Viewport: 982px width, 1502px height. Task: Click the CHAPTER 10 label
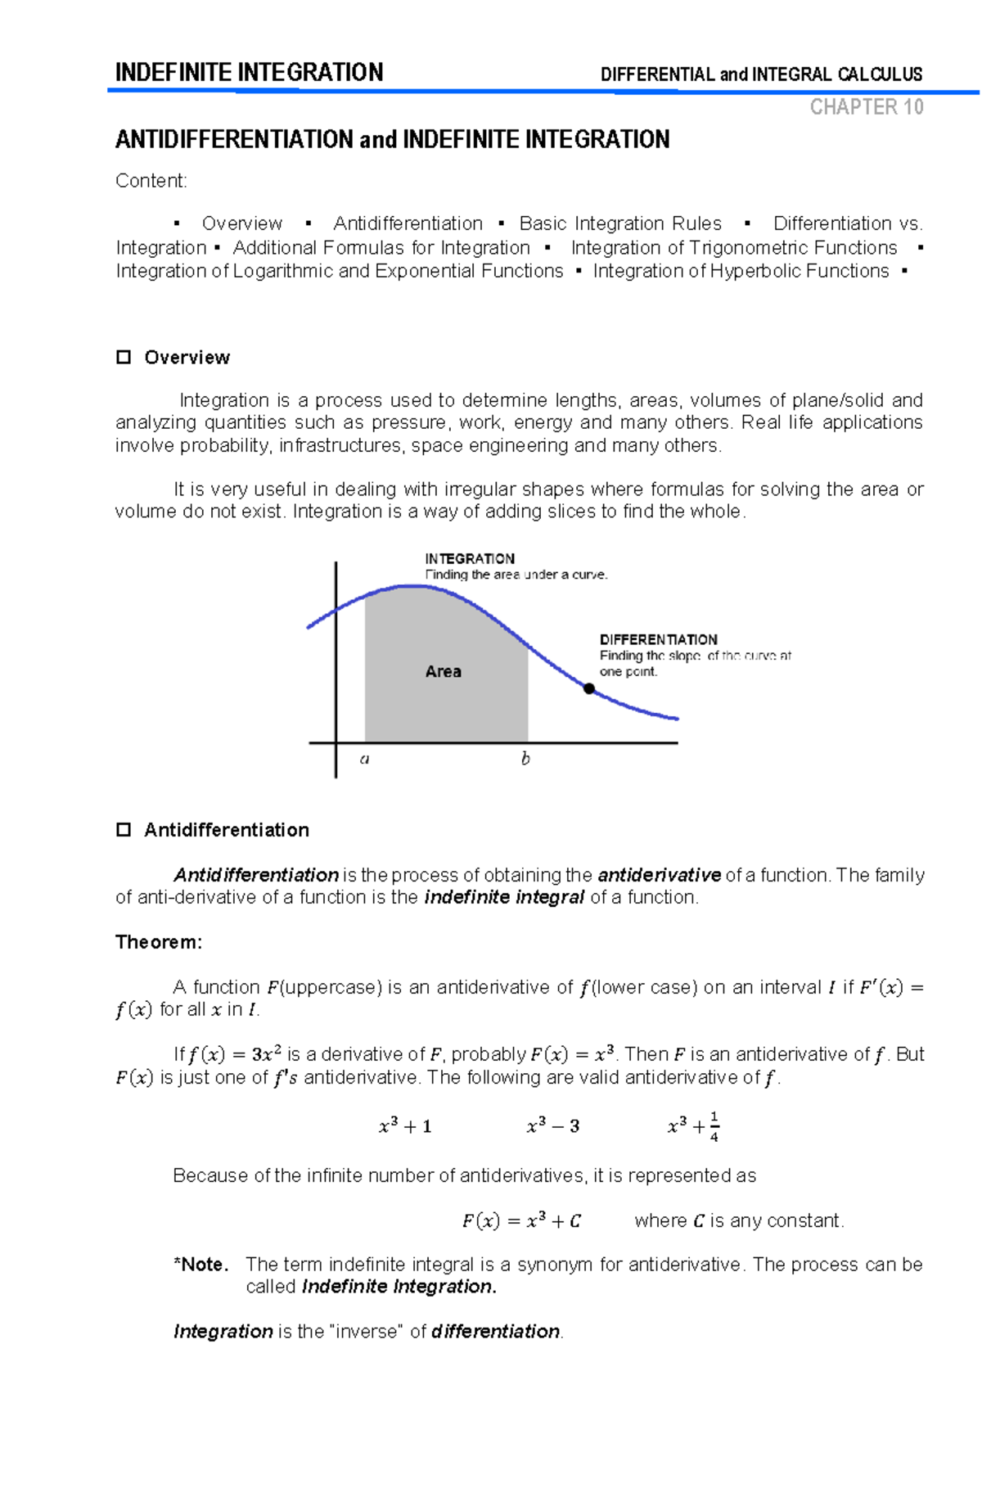[x=866, y=107]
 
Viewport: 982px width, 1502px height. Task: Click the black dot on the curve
[x=588, y=688]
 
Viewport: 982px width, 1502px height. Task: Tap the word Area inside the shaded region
[x=443, y=671]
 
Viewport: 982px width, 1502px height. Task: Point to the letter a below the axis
[x=364, y=759]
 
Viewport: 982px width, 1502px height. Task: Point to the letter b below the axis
[x=525, y=759]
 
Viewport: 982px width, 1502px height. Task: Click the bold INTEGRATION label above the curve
[x=470, y=558]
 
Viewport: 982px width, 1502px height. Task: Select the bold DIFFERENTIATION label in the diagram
[x=658, y=639]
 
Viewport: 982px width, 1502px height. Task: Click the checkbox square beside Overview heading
[x=124, y=357]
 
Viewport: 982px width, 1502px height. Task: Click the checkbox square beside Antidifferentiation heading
[x=124, y=830]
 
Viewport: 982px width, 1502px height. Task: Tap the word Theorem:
[x=159, y=942]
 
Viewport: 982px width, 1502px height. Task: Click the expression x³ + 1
[x=405, y=1126]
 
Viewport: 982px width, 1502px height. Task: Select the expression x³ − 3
[x=553, y=1126]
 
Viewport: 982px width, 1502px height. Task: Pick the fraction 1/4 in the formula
[x=714, y=1126]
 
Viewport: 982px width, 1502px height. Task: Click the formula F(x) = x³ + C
[x=521, y=1221]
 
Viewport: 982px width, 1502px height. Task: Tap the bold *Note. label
[x=201, y=1265]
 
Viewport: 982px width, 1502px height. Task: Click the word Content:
[x=151, y=181]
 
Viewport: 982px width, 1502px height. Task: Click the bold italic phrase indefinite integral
[x=504, y=897]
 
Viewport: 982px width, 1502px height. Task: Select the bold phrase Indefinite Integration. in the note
[x=399, y=1287]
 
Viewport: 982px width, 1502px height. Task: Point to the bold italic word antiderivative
[x=659, y=875]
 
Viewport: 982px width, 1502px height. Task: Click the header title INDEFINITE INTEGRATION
[x=249, y=72]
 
